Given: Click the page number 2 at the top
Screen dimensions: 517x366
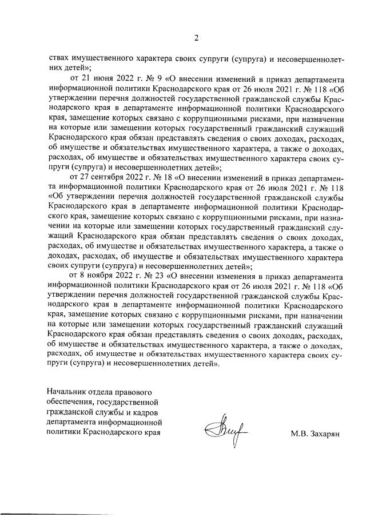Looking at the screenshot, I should point(196,39).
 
